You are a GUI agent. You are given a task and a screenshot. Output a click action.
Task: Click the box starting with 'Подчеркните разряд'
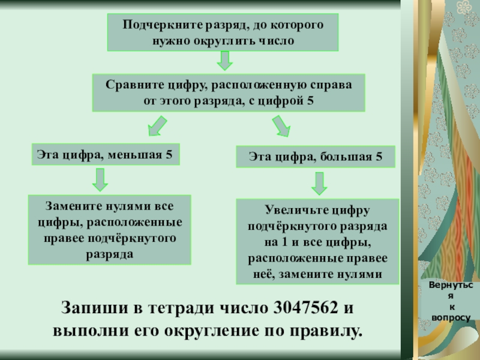pyautogui.click(x=223, y=33)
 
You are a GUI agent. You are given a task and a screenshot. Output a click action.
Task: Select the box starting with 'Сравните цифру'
pyautogui.click(x=228, y=93)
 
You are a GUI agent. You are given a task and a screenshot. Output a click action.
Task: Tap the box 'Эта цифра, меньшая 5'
pyautogui.click(x=105, y=155)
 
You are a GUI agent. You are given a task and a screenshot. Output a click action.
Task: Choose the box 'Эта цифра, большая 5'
pyautogui.click(x=316, y=157)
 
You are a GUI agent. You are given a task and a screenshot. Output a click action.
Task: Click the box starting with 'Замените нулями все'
pyautogui.click(x=109, y=230)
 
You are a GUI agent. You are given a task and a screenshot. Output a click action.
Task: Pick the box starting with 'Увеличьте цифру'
pyautogui.click(x=318, y=242)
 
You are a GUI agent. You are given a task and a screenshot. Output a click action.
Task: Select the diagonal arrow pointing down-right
pyautogui.click(x=280, y=126)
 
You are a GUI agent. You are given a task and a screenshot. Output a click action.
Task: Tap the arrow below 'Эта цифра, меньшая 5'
pyautogui.click(x=100, y=179)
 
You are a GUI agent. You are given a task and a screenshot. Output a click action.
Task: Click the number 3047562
pyautogui.click(x=305, y=309)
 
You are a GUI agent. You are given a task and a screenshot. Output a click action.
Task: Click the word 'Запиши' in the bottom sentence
pyautogui.click(x=89, y=309)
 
